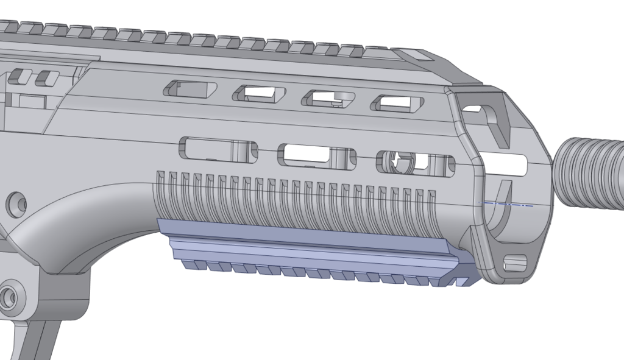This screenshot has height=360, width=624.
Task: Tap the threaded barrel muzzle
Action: (591, 173)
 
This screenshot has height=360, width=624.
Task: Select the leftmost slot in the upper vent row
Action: (190, 90)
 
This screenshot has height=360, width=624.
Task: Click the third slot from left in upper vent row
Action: (329, 98)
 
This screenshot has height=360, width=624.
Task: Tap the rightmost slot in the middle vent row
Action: (416, 162)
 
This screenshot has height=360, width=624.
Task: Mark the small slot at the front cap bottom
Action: (516, 263)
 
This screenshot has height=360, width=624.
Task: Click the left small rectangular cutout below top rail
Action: (20, 77)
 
